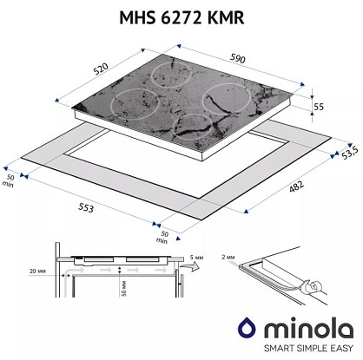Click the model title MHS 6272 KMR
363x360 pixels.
pos(181,18)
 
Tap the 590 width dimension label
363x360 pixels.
pos(238,59)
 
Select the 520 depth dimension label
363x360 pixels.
pos(101,69)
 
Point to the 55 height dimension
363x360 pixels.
pos(319,107)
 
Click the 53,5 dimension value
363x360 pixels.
pos(350,153)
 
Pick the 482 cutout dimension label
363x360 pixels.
pos(297,187)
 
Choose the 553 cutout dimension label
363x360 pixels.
pos(86,208)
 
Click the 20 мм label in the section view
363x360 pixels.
pos(37,272)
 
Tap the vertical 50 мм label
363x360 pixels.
pos(123,288)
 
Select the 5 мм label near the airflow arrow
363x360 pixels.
pos(196,258)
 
